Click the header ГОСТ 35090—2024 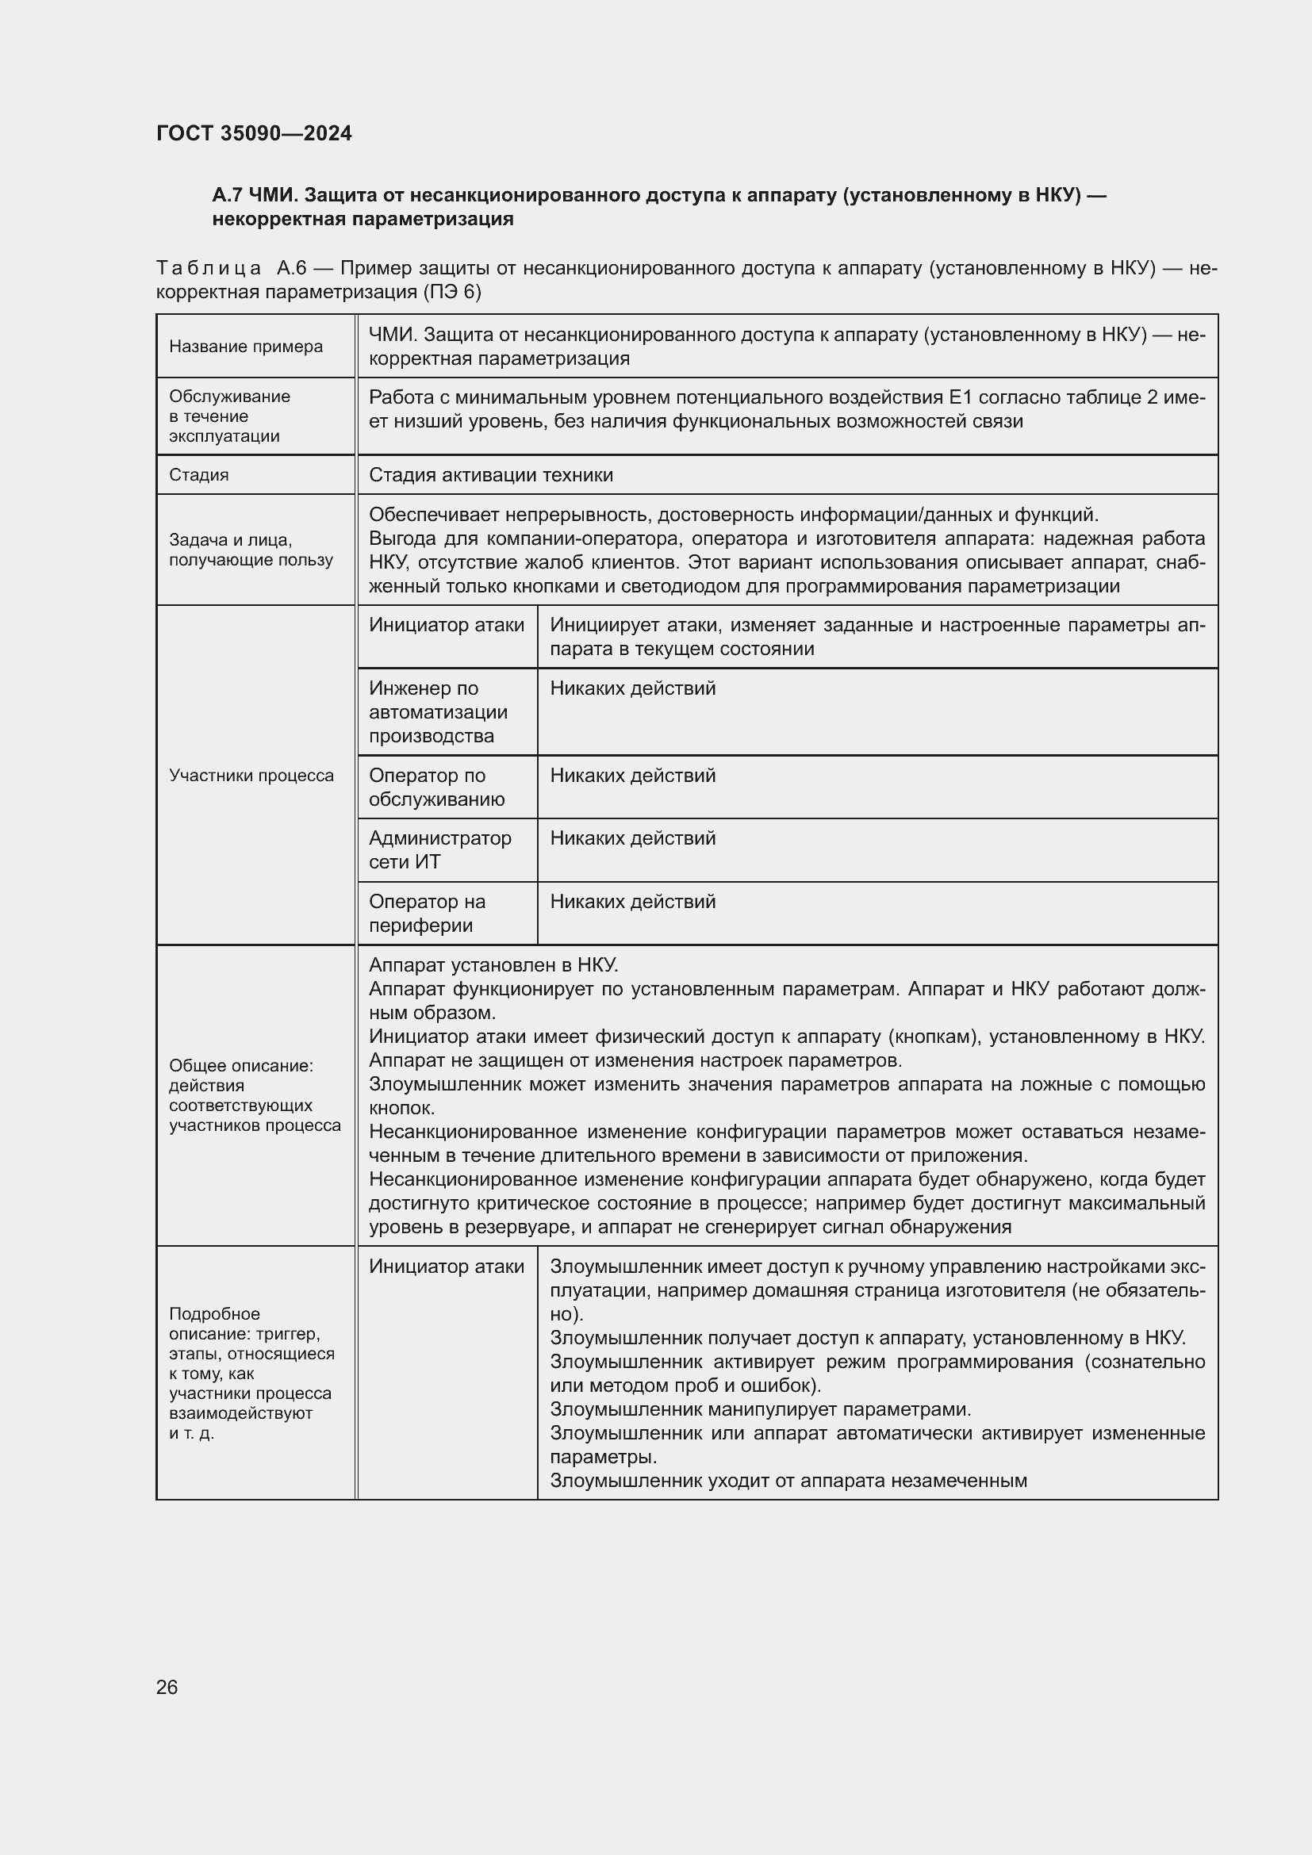pyautogui.click(x=254, y=133)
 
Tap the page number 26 pyautogui.click(x=167, y=1687)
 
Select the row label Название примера pyautogui.click(x=246, y=347)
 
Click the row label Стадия pyautogui.click(x=199, y=475)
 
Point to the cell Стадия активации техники pyautogui.click(x=490, y=475)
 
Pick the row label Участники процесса pyautogui.click(x=251, y=776)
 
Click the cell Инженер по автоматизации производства pyautogui.click(x=438, y=711)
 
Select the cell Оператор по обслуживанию pyautogui.click(x=436, y=787)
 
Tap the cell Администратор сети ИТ pyautogui.click(x=439, y=850)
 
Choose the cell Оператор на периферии pyautogui.click(x=427, y=913)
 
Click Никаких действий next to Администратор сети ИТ pyautogui.click(x=632, y=838)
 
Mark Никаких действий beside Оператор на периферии pyautogui.click(x=632, y=902)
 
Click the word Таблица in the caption pyautogui.click(x=209, y=268)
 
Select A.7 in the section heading pyautogui.click(x=227, y=196)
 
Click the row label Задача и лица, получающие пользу pyautogui.click(x=251, y=550)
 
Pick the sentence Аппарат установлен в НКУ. pyautogui.click(x=493, y=964)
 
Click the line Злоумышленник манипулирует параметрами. pyautogui.click(x=760, y=1409)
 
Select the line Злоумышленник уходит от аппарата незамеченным pyautogui.click(x=788, y=1480)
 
